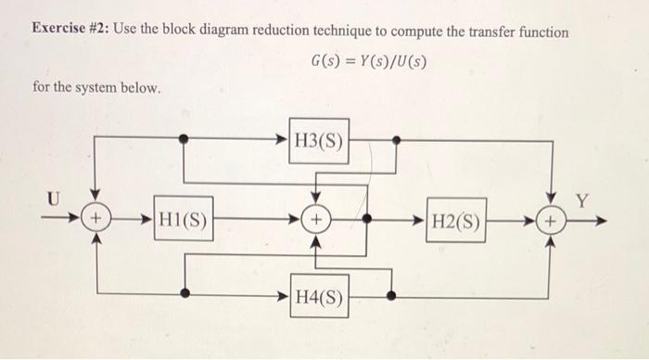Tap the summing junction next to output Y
pos(552,223)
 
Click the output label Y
pos(582,199)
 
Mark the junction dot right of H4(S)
pos(391,297)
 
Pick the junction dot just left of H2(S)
pos(367,222)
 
